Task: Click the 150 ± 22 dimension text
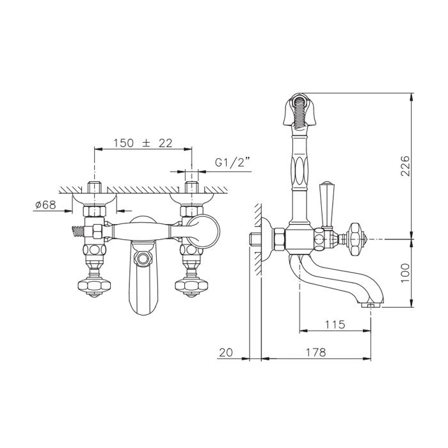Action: (x=143, y=143)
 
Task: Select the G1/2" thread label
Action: (x=232, y=163)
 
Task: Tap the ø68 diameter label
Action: (x=45, y=205)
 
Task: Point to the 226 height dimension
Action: (x=404, y=166)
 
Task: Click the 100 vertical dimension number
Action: (x=405, y=273)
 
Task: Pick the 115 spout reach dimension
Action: (x=335, y=324)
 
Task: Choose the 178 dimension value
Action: (x=316, y=352)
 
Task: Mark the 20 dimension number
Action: (x=226, y=352)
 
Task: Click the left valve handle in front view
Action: (x=94, y=287)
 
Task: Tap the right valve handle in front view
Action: (x=191, y=287)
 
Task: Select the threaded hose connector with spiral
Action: (x=77, y=232)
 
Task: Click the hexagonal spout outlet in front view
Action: (x=143, y=259)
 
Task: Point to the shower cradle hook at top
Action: (x=300, y=109)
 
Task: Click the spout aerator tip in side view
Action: (x=371, y=305)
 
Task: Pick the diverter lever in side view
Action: (x=326, y=204)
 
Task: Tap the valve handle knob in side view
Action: (x=355, y=239)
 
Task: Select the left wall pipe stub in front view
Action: (x=94, y=187)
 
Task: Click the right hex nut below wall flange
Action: (x=191, y=211)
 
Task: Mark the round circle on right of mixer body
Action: (x=204, y=231)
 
